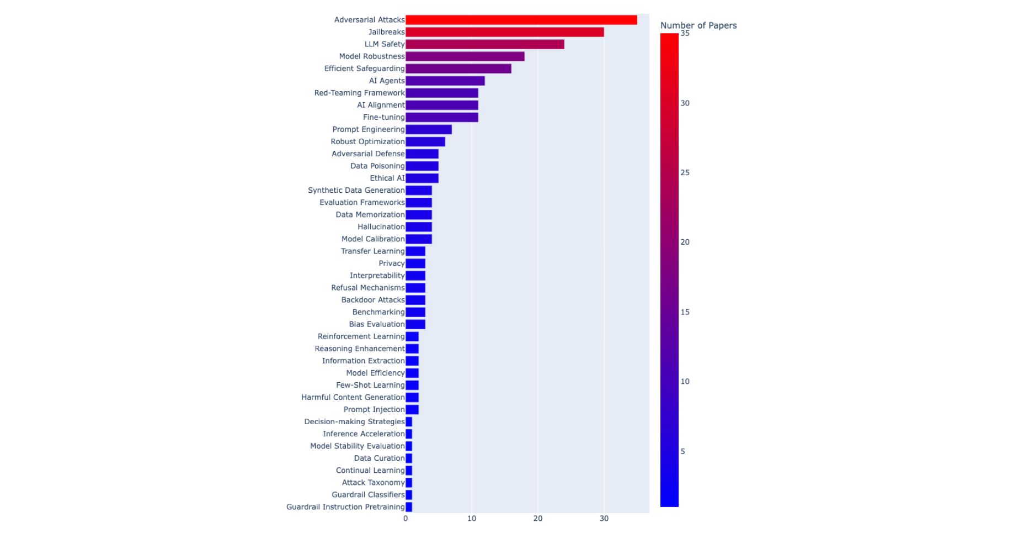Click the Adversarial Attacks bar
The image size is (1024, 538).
coord(521,20)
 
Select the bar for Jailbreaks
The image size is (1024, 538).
coord(504,32)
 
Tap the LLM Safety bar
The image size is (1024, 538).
coord(484,44)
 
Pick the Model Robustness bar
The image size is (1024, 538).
coord(465,56)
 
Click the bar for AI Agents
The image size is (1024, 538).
coord(445,81)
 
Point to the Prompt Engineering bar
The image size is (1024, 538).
coord(428,129)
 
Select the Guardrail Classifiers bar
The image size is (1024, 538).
coord(409,495)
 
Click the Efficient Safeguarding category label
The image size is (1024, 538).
coord(364,68)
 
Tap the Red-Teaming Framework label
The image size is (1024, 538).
coord(359,93)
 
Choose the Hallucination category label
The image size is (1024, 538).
coord(381,227)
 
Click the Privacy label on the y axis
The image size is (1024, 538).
coord(391,263)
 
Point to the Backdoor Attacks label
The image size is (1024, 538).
coord(372,300)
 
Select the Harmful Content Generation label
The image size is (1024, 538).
coord(353,397)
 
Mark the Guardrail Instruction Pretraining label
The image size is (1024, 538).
coord(345,507)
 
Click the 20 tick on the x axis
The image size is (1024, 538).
coord(538,519)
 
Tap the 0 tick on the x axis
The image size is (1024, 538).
coord(406,519)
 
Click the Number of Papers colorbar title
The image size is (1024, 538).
coord(698,25)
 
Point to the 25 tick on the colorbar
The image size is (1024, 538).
coord(685,173)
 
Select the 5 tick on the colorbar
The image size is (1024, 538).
coord(682,452)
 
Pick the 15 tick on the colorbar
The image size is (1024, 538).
coord(685,312)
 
